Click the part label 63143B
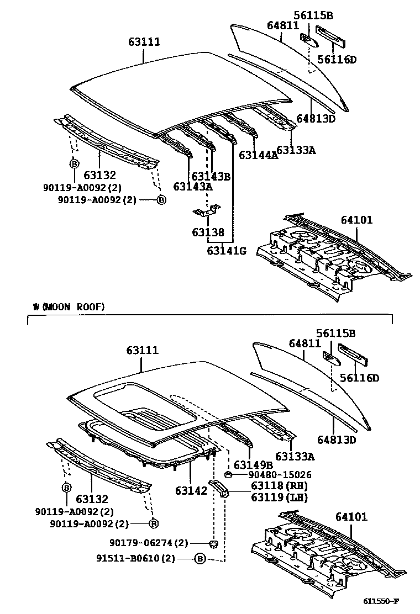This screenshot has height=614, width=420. click(211, 176)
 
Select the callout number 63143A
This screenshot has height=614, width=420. click(193, 187)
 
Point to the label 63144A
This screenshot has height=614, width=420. click(258, 155)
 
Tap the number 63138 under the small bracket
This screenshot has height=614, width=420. click(208, 232)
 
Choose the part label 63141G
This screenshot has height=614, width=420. click(227, 251)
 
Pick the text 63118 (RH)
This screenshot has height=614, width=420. click(271, 486)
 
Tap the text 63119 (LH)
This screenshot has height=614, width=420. click(271, 497)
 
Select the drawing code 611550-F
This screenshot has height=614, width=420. click(381, 601)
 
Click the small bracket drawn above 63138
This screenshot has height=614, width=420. click(207, 211)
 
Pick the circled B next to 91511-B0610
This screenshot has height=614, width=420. click(200, 559)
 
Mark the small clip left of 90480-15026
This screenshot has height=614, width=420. click(228, 474)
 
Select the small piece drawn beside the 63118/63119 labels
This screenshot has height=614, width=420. click(220, 489)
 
